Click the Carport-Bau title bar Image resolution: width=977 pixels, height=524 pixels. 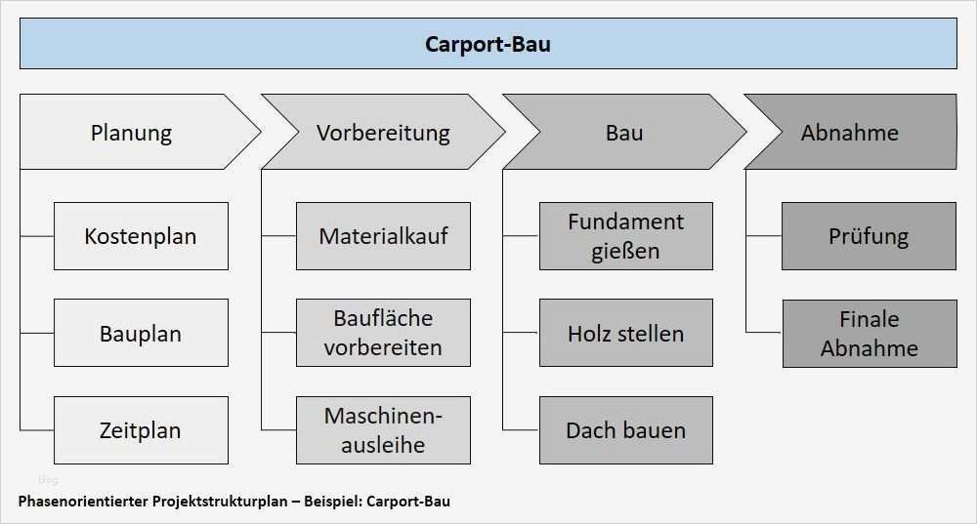click(x=488, y=44)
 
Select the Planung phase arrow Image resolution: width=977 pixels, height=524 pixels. click(x=131, y=132)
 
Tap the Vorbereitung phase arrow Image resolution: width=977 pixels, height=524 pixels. click(x=383, y=132)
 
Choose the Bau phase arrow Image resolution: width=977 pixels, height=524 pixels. click(x=624, y=132)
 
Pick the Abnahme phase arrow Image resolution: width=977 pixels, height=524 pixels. click(x=850, y=132)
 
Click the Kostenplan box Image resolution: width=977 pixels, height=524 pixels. click(x=141, y=236)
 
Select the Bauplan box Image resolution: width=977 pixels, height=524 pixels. click(x=141, y=333)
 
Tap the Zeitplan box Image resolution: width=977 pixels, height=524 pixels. click(x=141, y=429)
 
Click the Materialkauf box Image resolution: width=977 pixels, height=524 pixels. click(x=383, y=236)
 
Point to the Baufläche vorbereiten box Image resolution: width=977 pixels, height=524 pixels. click(x=383, y=333)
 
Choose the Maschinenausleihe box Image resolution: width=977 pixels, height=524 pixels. click(x=383, y=429)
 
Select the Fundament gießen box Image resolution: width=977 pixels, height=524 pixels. click(x=625, y=236)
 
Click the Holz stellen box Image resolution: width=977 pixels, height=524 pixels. click(x=625, y=333)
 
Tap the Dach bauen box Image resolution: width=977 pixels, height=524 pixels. click(x=625, y=429)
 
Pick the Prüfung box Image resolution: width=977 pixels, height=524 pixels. click(x=869, y=236)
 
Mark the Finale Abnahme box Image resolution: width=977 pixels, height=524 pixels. click(x=869, y=333)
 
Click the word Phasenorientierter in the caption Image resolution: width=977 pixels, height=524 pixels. click(x=83, y=502)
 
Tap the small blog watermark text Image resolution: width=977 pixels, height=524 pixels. click(x=47, y=479)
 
